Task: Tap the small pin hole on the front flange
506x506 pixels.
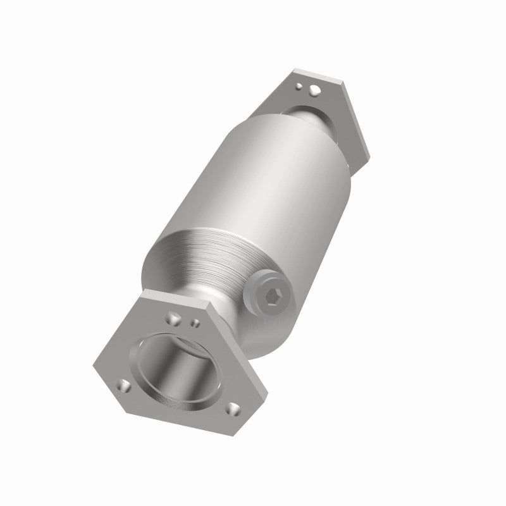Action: pyautogui.click(x=195, y=323)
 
